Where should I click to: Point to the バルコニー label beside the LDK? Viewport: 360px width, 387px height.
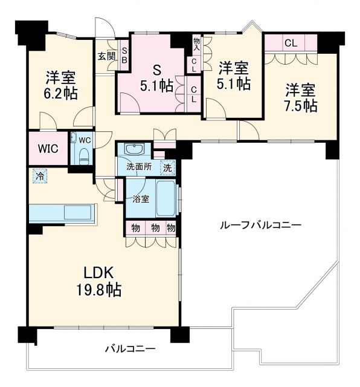pyautogui.click(x=129, y=349)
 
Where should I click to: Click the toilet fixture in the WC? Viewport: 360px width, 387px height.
pyautogui.click(x=84, y=154)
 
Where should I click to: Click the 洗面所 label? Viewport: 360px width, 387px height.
pyautogui.click(x=138, y=167)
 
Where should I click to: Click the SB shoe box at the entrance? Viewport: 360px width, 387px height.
pyautogui.click(x=124, y=56)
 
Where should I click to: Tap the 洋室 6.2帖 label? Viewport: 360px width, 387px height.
pyautogui.click(x=60, y=85)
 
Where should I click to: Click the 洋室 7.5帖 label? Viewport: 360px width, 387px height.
pyautogui.click(x=300, y=97)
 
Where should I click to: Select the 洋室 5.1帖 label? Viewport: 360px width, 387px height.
pyautogui.click(x=234, y=74)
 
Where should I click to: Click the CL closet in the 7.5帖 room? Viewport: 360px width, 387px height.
pyautogui.click(x=291, y=43)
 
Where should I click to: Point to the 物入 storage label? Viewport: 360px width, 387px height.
pyautogui.click(x=196, y=44)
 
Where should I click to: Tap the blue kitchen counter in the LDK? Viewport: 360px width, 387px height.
pyautogui.click(x=62, y=212)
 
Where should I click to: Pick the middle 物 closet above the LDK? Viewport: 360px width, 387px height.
pyautogui.click(x=154, y=228)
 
